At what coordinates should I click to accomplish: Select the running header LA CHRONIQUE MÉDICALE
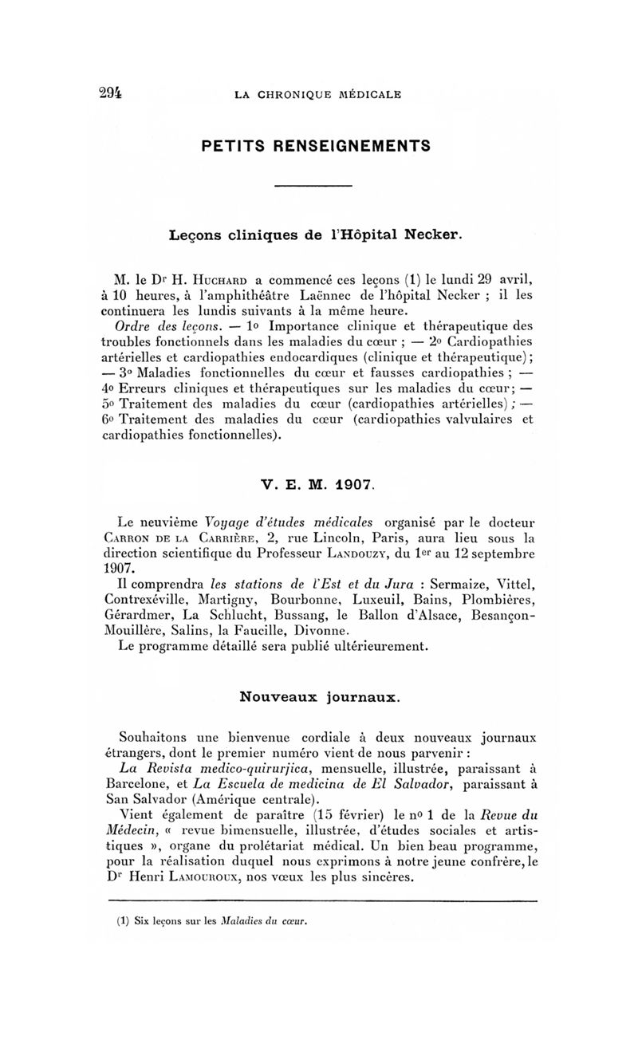pyautogui.click(x=318, y=95)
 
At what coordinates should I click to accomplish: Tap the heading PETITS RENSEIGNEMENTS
pyautogui.click(x=317, y=146)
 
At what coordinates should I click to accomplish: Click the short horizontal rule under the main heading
pyautogui.click(x=313, y=187)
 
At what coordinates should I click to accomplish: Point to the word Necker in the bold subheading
pyautogui.click(x=433, y=236)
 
